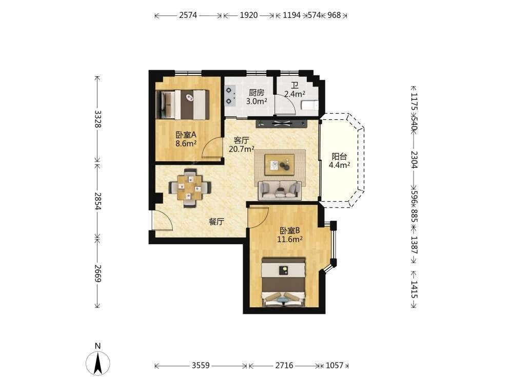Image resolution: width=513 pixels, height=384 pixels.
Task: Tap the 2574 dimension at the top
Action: (x=188, y=15)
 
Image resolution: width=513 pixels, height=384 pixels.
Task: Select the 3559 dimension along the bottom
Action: (x=201, y=365)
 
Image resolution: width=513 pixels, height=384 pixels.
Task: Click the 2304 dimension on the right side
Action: (x=414, y=159)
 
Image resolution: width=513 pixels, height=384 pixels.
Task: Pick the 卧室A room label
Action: (x=186, y=135)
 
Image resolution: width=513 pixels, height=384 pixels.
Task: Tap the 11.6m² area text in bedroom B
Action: (x=289, y=239)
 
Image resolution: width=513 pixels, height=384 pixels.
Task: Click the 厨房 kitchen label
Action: (x=256, y=93)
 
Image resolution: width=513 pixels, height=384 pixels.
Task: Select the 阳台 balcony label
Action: (x=339, y=156)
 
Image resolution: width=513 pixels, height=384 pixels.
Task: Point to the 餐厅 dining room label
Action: (x=216, y=222)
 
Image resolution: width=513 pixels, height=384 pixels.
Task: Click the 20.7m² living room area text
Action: (x=242, y=149)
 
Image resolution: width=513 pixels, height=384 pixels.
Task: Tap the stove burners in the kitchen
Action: (x=230, y=95)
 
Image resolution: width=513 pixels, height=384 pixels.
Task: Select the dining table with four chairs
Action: (x=190, y=188)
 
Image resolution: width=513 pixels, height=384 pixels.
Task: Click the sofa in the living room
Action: (x=280, y=190)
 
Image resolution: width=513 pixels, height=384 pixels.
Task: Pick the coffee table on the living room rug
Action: (x=280, y=163)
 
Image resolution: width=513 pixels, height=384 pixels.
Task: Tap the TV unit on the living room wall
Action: (x=282, y=123)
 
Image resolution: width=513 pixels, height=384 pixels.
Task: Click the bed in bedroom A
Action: (x=183, y=105)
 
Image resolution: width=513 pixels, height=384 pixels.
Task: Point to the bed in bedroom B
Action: (x=284, y=283)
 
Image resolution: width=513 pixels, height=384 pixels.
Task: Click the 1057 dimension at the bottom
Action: (x=334, y=365)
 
